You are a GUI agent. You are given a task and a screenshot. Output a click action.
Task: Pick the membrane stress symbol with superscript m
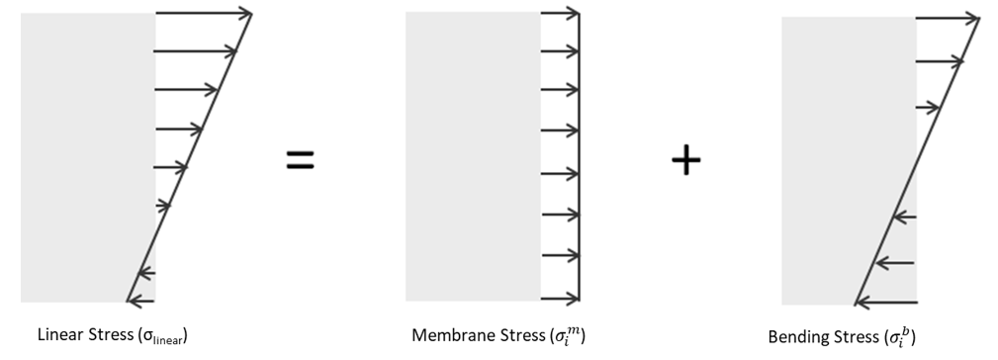567,335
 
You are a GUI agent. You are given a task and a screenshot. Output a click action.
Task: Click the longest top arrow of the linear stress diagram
204,13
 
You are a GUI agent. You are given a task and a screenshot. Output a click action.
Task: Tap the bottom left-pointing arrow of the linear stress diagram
140,301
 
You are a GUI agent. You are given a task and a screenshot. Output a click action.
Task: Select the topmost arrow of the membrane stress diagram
560,13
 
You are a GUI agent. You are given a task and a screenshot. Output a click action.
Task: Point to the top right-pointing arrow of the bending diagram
948,19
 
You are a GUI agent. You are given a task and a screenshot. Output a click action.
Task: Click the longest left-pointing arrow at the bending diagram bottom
886,302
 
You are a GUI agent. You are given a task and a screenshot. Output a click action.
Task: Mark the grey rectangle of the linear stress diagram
88,157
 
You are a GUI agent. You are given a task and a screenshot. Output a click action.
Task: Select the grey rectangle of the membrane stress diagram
474,156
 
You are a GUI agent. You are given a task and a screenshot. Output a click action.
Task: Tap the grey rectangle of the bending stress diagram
849,161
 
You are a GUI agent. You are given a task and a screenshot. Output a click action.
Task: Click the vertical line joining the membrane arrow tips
580,155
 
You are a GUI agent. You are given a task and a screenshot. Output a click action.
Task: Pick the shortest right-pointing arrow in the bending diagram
928,108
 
